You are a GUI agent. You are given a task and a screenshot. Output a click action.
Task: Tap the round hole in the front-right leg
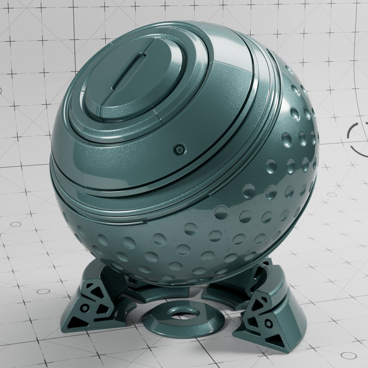(269, 322)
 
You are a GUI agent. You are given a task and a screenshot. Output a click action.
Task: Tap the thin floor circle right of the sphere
(332, 194)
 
